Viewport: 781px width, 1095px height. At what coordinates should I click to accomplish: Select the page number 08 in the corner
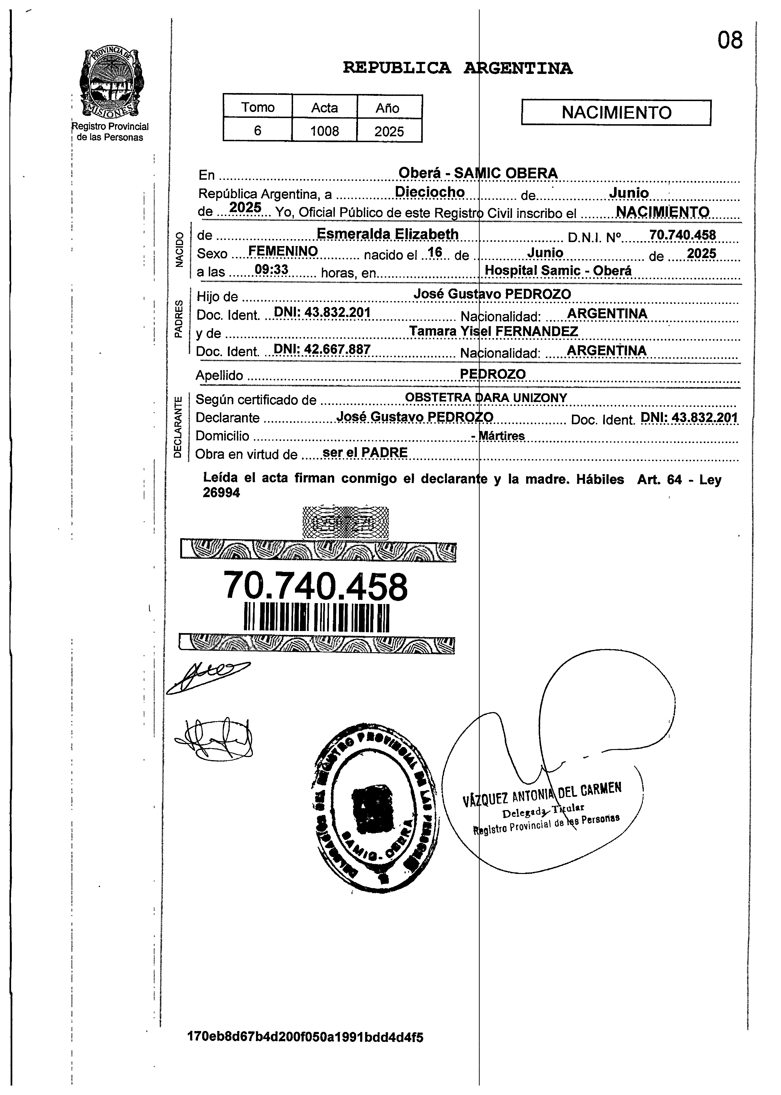click(730, 40)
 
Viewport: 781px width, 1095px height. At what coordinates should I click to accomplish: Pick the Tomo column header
click(258, 107)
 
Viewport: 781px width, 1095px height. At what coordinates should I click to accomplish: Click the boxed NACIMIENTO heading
click(616, 113)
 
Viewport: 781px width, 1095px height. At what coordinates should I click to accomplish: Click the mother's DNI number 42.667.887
click(322, 350)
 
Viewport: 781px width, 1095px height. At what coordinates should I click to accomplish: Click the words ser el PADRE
click(365, 452)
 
